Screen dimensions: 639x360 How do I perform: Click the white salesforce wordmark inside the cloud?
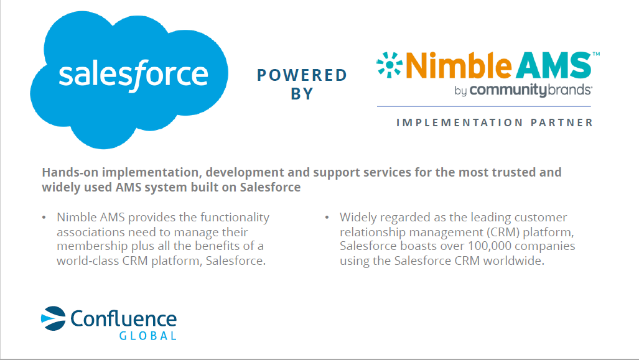click(133, 75)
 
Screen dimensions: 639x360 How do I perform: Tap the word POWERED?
click(302, 75)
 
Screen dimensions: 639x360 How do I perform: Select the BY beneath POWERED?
click(302, 94)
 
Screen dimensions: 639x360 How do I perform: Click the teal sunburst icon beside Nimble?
click(389, 65)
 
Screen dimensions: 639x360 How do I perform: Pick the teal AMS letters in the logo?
click(553, 65)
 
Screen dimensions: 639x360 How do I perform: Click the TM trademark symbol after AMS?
click(596, 53)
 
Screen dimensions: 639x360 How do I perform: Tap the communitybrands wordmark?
click(530, 90)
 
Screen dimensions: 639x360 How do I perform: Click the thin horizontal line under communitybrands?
click(483, 107)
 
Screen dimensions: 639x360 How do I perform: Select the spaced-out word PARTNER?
click(562, 122)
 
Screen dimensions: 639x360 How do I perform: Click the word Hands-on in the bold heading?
click(70, 172)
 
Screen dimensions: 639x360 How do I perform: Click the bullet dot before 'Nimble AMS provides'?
click(44, 218)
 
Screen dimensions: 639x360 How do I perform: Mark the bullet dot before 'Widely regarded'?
click(327, 218)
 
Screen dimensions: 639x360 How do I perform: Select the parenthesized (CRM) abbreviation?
click(503, 232)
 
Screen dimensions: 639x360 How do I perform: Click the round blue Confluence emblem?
click(54, 318)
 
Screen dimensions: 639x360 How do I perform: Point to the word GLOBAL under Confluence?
click(148, 336)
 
